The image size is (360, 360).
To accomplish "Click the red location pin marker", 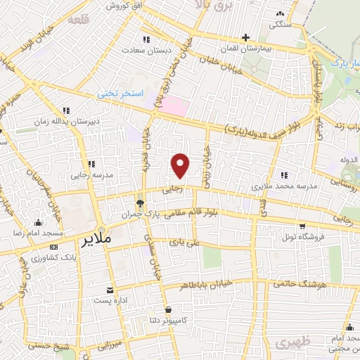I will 181,165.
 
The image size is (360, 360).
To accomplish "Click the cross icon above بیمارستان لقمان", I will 245,37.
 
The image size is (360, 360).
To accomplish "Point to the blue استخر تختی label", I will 120,94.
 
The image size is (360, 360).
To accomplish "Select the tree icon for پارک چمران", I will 141,203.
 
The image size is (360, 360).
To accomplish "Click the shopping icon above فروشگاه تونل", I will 302,226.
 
